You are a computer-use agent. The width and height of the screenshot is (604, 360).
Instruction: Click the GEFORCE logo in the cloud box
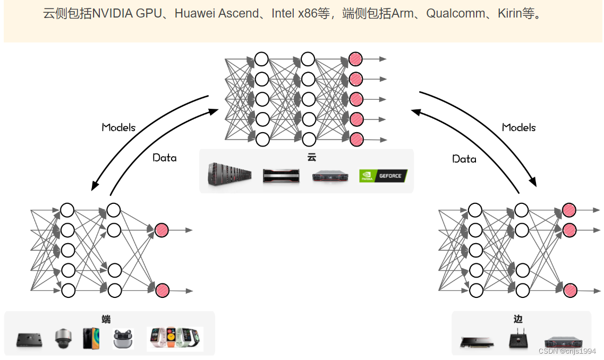(x=383, y=176)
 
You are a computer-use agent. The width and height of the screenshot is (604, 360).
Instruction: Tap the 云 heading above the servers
(x=312, y=157)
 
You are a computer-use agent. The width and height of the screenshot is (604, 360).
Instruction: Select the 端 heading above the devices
(x=107, y=319)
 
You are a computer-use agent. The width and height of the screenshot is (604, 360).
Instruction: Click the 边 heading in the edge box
(x=518, y=319)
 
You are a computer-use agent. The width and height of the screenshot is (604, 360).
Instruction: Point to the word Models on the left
(x=118, y=127)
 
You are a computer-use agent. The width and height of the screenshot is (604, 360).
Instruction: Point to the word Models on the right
(x=518, y=127)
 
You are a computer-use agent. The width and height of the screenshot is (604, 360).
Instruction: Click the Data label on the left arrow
(x=165, y=158)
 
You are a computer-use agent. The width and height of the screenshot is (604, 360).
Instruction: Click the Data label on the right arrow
(x=464, y=159)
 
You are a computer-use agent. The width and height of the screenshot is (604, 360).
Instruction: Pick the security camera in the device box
(x=63, y=338)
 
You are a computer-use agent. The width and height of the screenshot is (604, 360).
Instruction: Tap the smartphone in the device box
(x=91, y=338)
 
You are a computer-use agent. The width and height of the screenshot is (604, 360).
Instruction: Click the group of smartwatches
(x=175, y=339)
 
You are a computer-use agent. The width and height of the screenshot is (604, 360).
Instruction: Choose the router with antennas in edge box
(x=517, y=340)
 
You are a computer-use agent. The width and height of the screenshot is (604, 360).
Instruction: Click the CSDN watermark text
(x=567, y=351)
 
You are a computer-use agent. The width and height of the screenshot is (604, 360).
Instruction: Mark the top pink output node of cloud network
(x=355, y=59)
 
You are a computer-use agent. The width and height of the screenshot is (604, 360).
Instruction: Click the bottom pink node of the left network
(x=162, y=290)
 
